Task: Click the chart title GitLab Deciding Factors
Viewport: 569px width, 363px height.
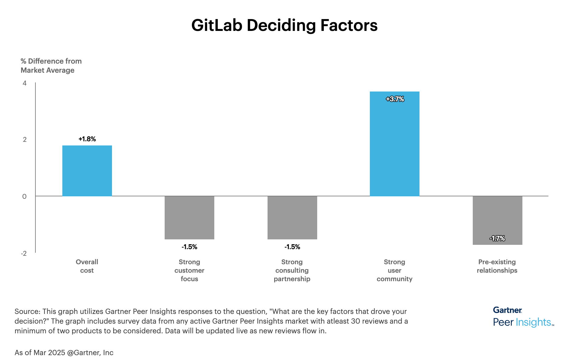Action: pyautogui.click(x=284, y=25)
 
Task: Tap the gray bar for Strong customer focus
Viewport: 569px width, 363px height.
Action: pyautogui.click(x=189, y=218)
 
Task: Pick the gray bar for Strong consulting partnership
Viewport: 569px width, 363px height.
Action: pyautogui.click(x=292, y=218)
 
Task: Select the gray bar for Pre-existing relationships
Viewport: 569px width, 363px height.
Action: pyautogui.click(x=497, y=220)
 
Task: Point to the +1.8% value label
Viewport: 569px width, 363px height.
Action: pyautogui.click(x=87, y=139)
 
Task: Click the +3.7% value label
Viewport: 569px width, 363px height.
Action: pyautogui.click(x=395, y=99)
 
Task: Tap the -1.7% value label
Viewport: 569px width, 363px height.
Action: pyautogui.click(x=497, y=238)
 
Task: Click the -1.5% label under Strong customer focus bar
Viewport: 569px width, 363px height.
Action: pyautogui.click(x=189, y=247)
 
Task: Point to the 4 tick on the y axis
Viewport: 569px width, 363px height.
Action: pyautogui.click(x=25, y=83)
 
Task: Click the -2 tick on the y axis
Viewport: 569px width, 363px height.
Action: pyautogui.click(x=24, y=253)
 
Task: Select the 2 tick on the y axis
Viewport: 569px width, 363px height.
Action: pyautogui.click(x=25, y=139)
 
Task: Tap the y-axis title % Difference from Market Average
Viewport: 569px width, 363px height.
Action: pyautogui.click(x=51, y=66)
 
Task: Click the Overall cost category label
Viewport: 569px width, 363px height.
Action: pyautogui.click(x=87, y=266)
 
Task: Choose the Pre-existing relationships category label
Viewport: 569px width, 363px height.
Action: pyautogui.click(x=497, y=266)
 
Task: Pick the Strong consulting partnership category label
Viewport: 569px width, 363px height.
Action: pyautogui.click(x=292, y=270)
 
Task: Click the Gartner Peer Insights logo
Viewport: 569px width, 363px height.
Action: pyautogui.click(x=523, y=317)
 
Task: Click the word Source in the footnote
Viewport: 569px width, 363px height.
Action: pyautogui.click(x=27, y=311)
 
